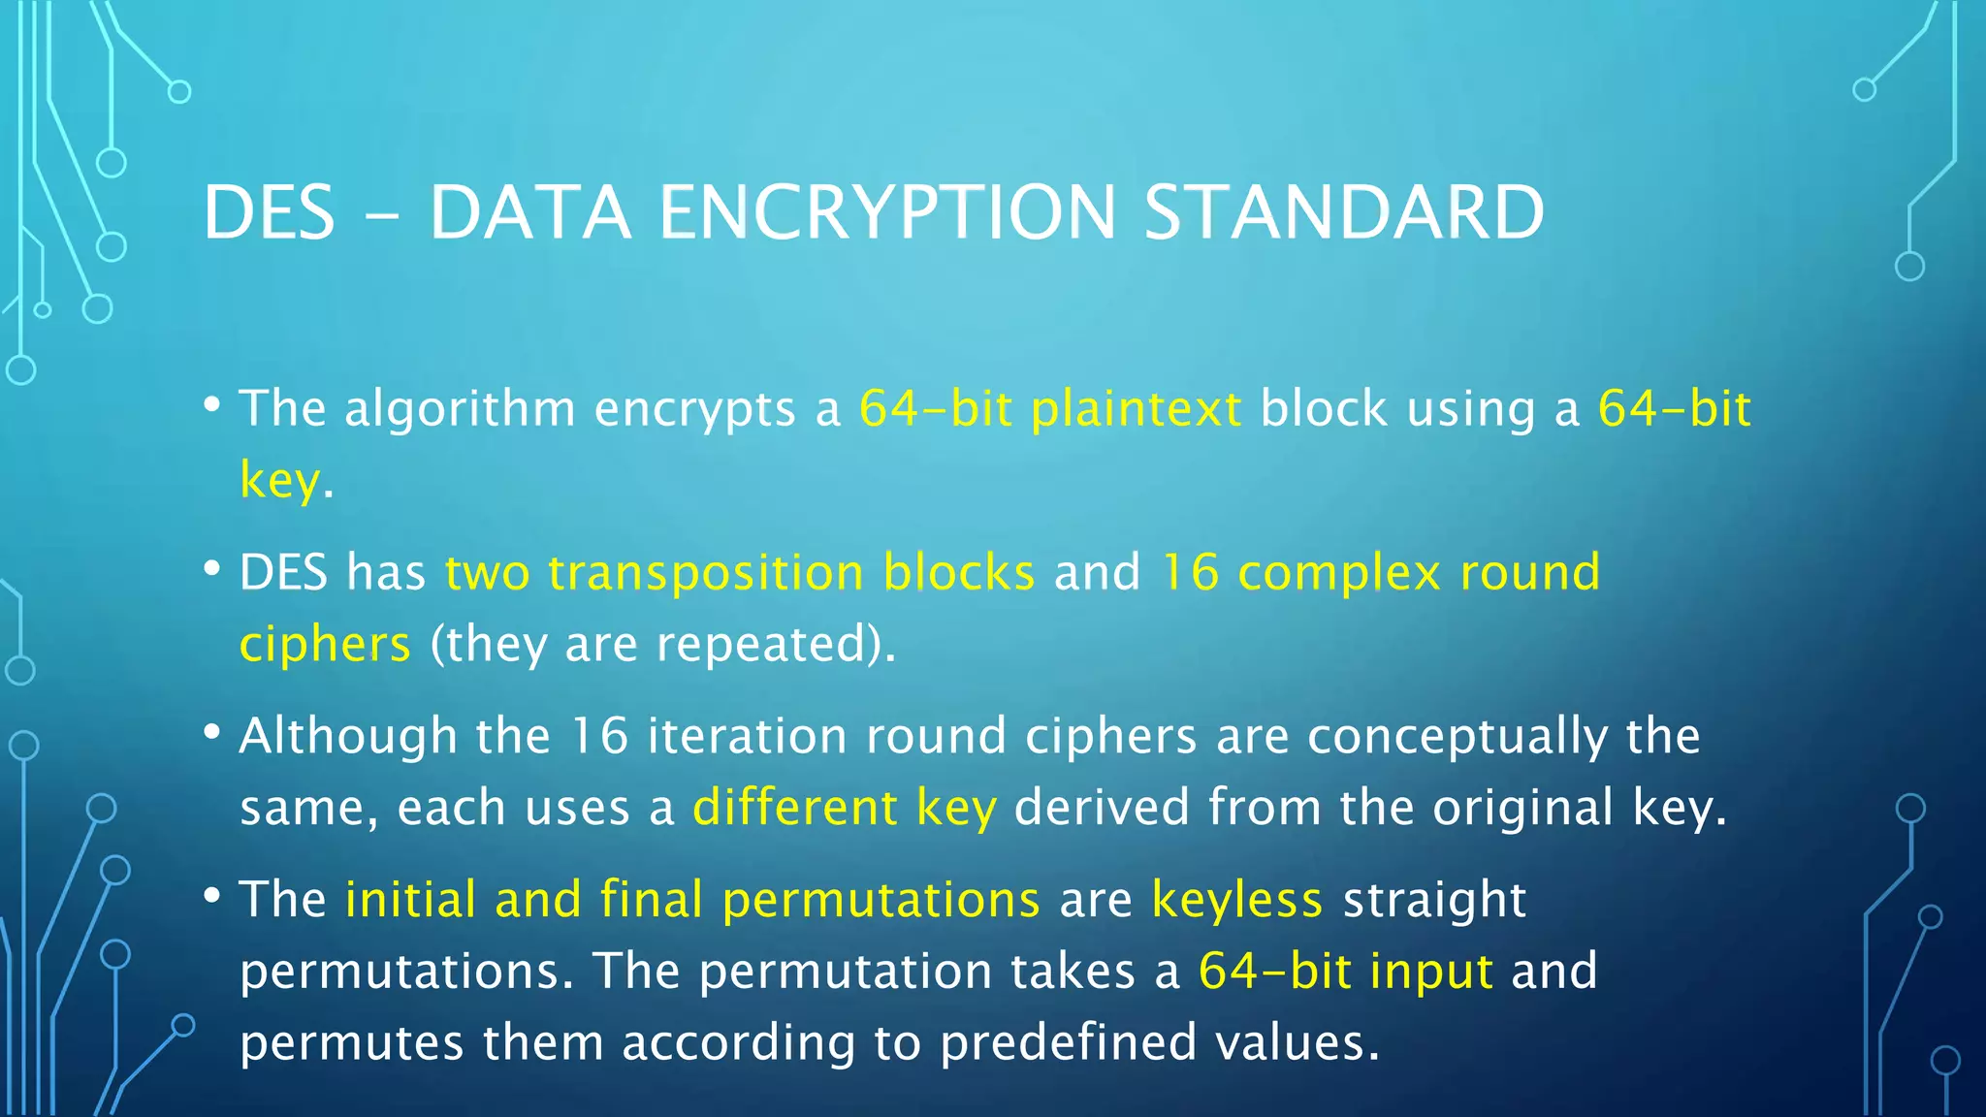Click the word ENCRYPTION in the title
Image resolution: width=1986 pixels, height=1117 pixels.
click(x=887, y=213)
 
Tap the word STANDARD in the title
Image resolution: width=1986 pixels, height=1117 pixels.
click(x=1344, y=213)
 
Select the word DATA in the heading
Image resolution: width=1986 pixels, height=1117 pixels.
click(x=530, y=213)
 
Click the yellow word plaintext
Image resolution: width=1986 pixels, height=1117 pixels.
click(x=1136, y=409)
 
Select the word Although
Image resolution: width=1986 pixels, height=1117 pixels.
click(x=348, y=737)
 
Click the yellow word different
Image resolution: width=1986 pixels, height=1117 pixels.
click(x=794, y=808)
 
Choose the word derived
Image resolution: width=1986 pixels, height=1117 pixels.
click(x=1102, y=808)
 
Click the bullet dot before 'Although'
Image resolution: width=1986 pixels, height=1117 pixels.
click(x=212, y=732)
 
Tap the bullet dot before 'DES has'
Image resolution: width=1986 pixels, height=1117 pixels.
click(x=212, y=569)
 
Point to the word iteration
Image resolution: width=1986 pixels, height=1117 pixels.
click(x=747, y=737)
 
